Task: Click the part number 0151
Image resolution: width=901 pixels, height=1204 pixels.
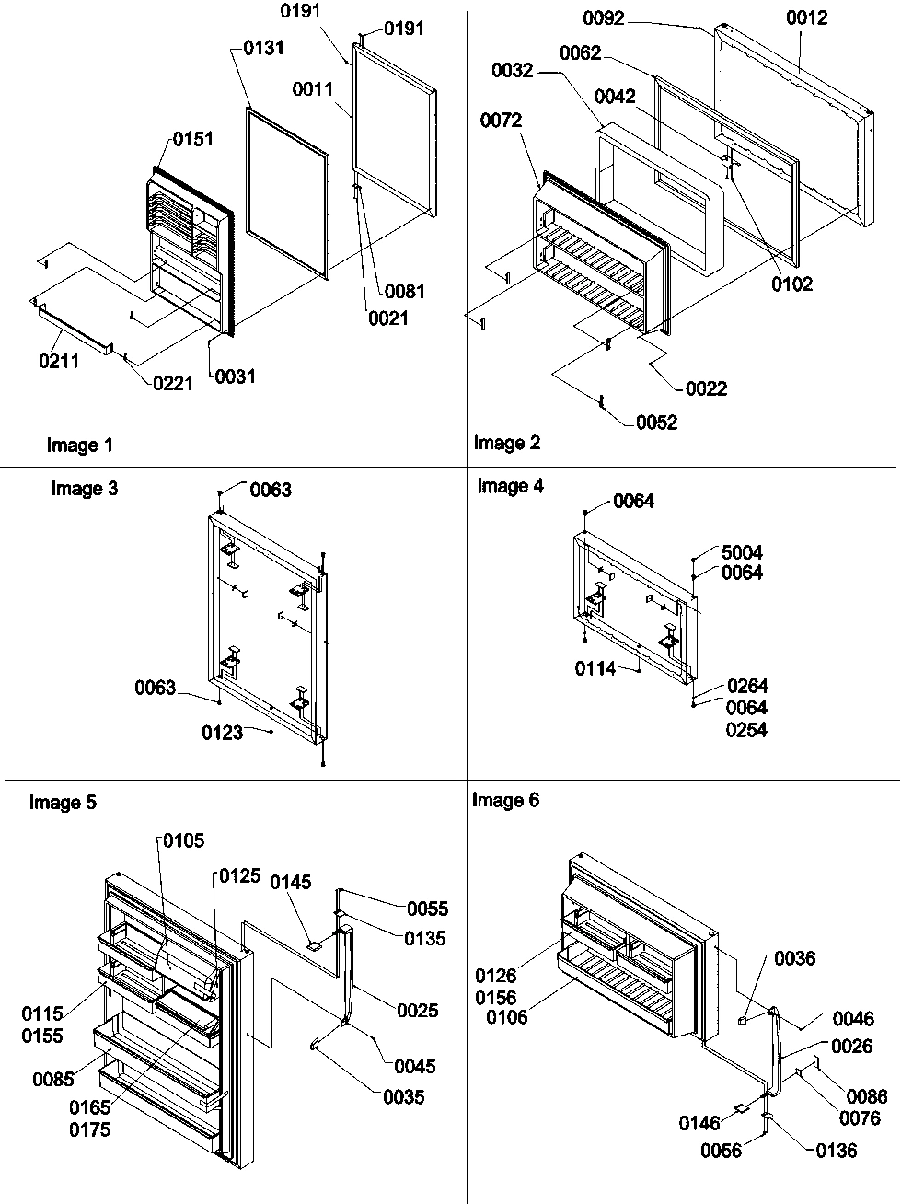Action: pyautogui.click(x=192, y=139)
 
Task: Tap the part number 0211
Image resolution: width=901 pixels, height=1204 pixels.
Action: pyautogui.click(x=59, y=361)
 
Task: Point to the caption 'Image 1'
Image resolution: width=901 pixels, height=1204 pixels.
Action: pyautogui.click(x=80, y=446)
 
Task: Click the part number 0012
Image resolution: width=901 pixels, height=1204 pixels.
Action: pyautogui.click(x=807, y=17)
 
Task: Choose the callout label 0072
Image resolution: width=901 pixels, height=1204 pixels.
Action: pyautogui.click(x=501, y=121)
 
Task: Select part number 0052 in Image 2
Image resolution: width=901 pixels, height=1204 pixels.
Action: pyautogui.click(x=656, y=423)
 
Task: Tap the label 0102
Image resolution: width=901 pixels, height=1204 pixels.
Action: pyautogui.click(x=792, y=284)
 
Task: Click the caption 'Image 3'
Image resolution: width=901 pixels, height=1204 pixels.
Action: pyautogui.click(x=85, y=489)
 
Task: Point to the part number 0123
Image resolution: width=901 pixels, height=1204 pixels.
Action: pyautogui.click(x=223, y=732)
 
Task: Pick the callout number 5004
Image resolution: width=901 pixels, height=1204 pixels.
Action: pyautogui.click(x=742, y=553)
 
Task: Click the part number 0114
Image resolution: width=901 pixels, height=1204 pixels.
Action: pyautogui.click(x=596, y=669)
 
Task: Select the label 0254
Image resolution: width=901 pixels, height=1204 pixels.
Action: pyautogui.click(x=746, y=730)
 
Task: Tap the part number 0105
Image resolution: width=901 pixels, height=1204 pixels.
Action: pyautogui.click(x=184, y=840)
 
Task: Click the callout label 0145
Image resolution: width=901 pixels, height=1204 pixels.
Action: pyautogui.click(x=291, y=883)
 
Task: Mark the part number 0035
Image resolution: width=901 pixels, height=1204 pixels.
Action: pyautogui.click(x=404, y=1097)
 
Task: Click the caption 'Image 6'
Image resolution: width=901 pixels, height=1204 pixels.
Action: pyautogui.click(x=506, y=801)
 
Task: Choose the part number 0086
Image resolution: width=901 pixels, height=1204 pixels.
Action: pyautogui.click(x=868, y=1096)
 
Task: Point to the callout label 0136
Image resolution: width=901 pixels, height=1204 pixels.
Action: pyautogui.click(x=836, y=1150)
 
